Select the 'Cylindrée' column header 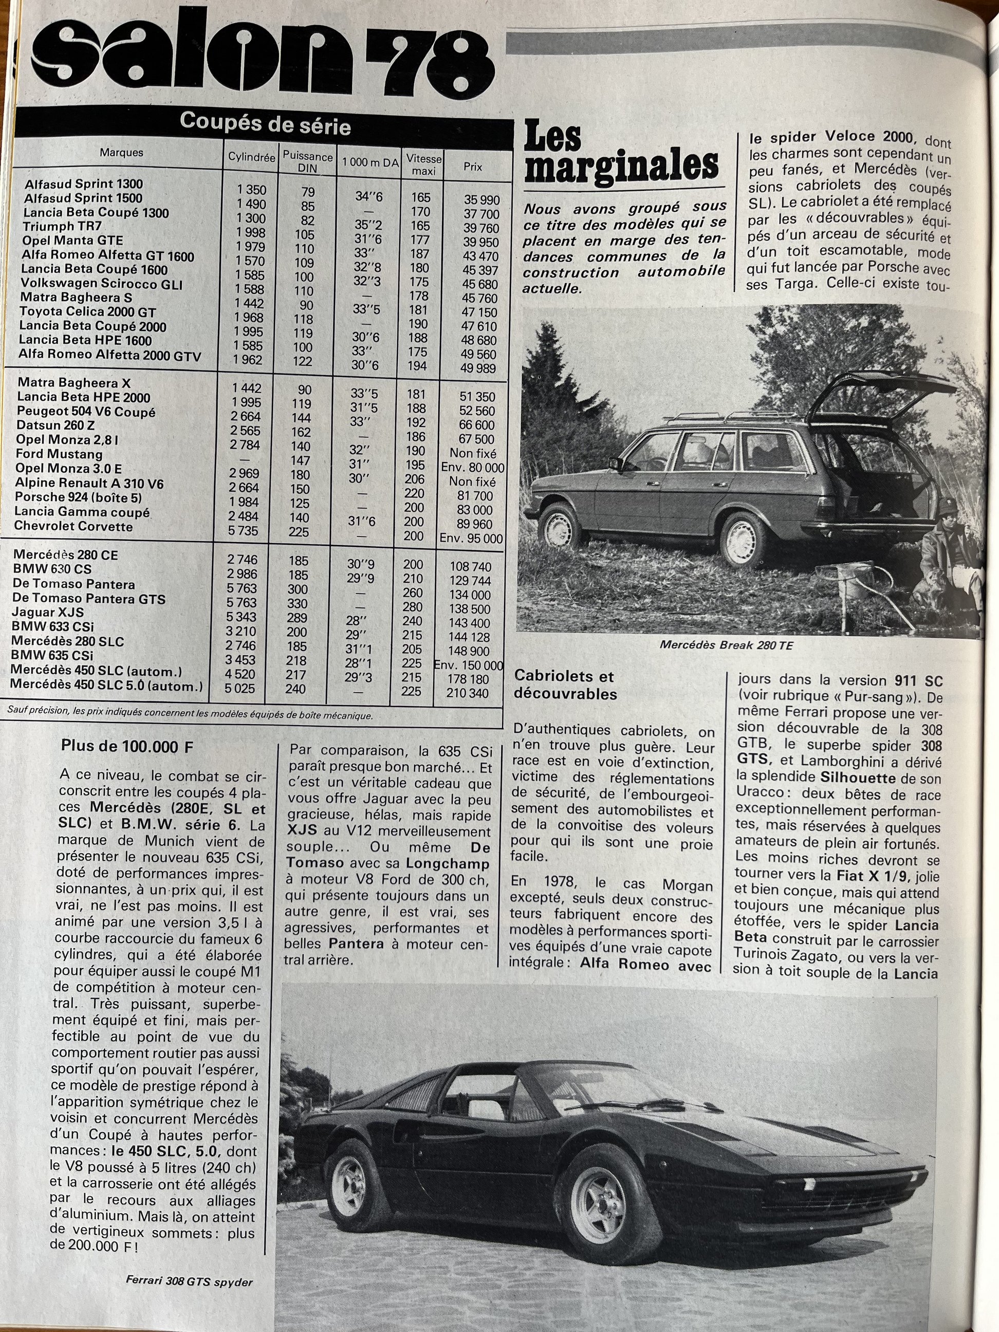tap(251, 158)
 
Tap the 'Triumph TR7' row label tap(62, 227)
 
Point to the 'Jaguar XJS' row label tap(48, 613)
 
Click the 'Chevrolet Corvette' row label tap(73, 526)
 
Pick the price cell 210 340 tap(467, 693)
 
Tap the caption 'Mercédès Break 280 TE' tap(726, 645)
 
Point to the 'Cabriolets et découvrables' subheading tap(565, 685)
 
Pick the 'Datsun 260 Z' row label tap(55, 425)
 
